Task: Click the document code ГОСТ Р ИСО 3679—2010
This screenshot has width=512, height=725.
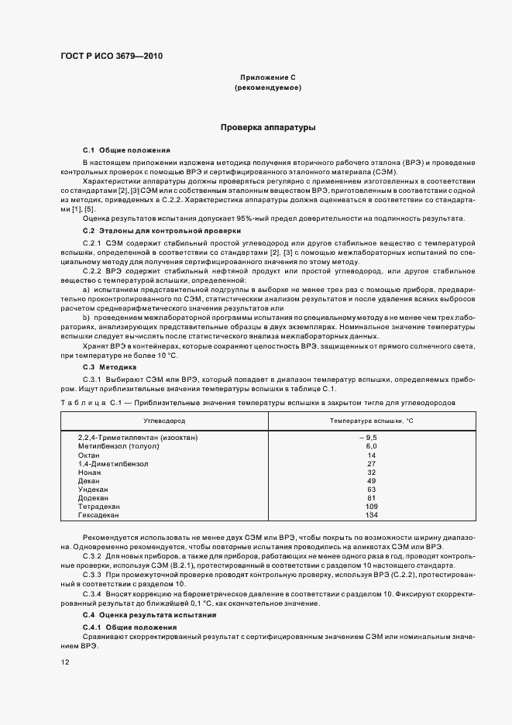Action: [x=112, y=56]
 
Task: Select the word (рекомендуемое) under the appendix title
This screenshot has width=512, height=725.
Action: [x=268, y=88]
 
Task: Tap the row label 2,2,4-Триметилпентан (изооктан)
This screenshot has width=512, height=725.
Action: [x=138, y=438]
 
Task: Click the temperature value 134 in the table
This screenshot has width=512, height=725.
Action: [x=372, y=514]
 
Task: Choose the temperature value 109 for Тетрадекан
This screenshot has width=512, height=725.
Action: [x=372, y=506]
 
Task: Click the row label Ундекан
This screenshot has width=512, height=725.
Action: [x=94, y=489]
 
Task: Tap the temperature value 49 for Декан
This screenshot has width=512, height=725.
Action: [x=372, y=480]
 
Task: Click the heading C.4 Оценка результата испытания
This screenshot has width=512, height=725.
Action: [x=150, y=614]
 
